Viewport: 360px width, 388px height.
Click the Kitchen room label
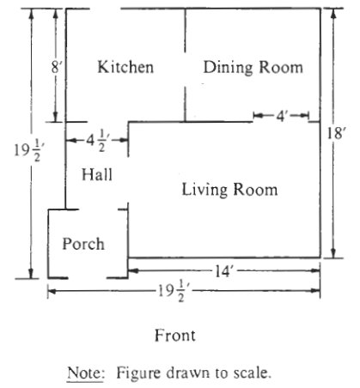(x=125, y=67)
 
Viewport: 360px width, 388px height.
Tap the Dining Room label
(x=253, y=67)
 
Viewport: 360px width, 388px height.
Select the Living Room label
(x=229, y=190)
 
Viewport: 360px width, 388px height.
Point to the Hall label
(x=97, y=174)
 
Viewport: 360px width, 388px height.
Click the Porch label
(x=83, y=244)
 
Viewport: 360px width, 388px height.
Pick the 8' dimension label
(x=57, y=68)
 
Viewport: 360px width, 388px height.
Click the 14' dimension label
(x=223, y=271)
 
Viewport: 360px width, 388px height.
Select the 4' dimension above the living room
(x=281, y=116)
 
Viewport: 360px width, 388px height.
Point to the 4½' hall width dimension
(x=97, y=140)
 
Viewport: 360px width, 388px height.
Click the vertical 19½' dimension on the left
(x=27, y=150)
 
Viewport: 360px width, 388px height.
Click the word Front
(x=175, y=336)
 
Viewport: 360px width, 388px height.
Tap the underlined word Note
(x=86, y=373)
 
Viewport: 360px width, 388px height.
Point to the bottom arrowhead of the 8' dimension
(x=55, y=118)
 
